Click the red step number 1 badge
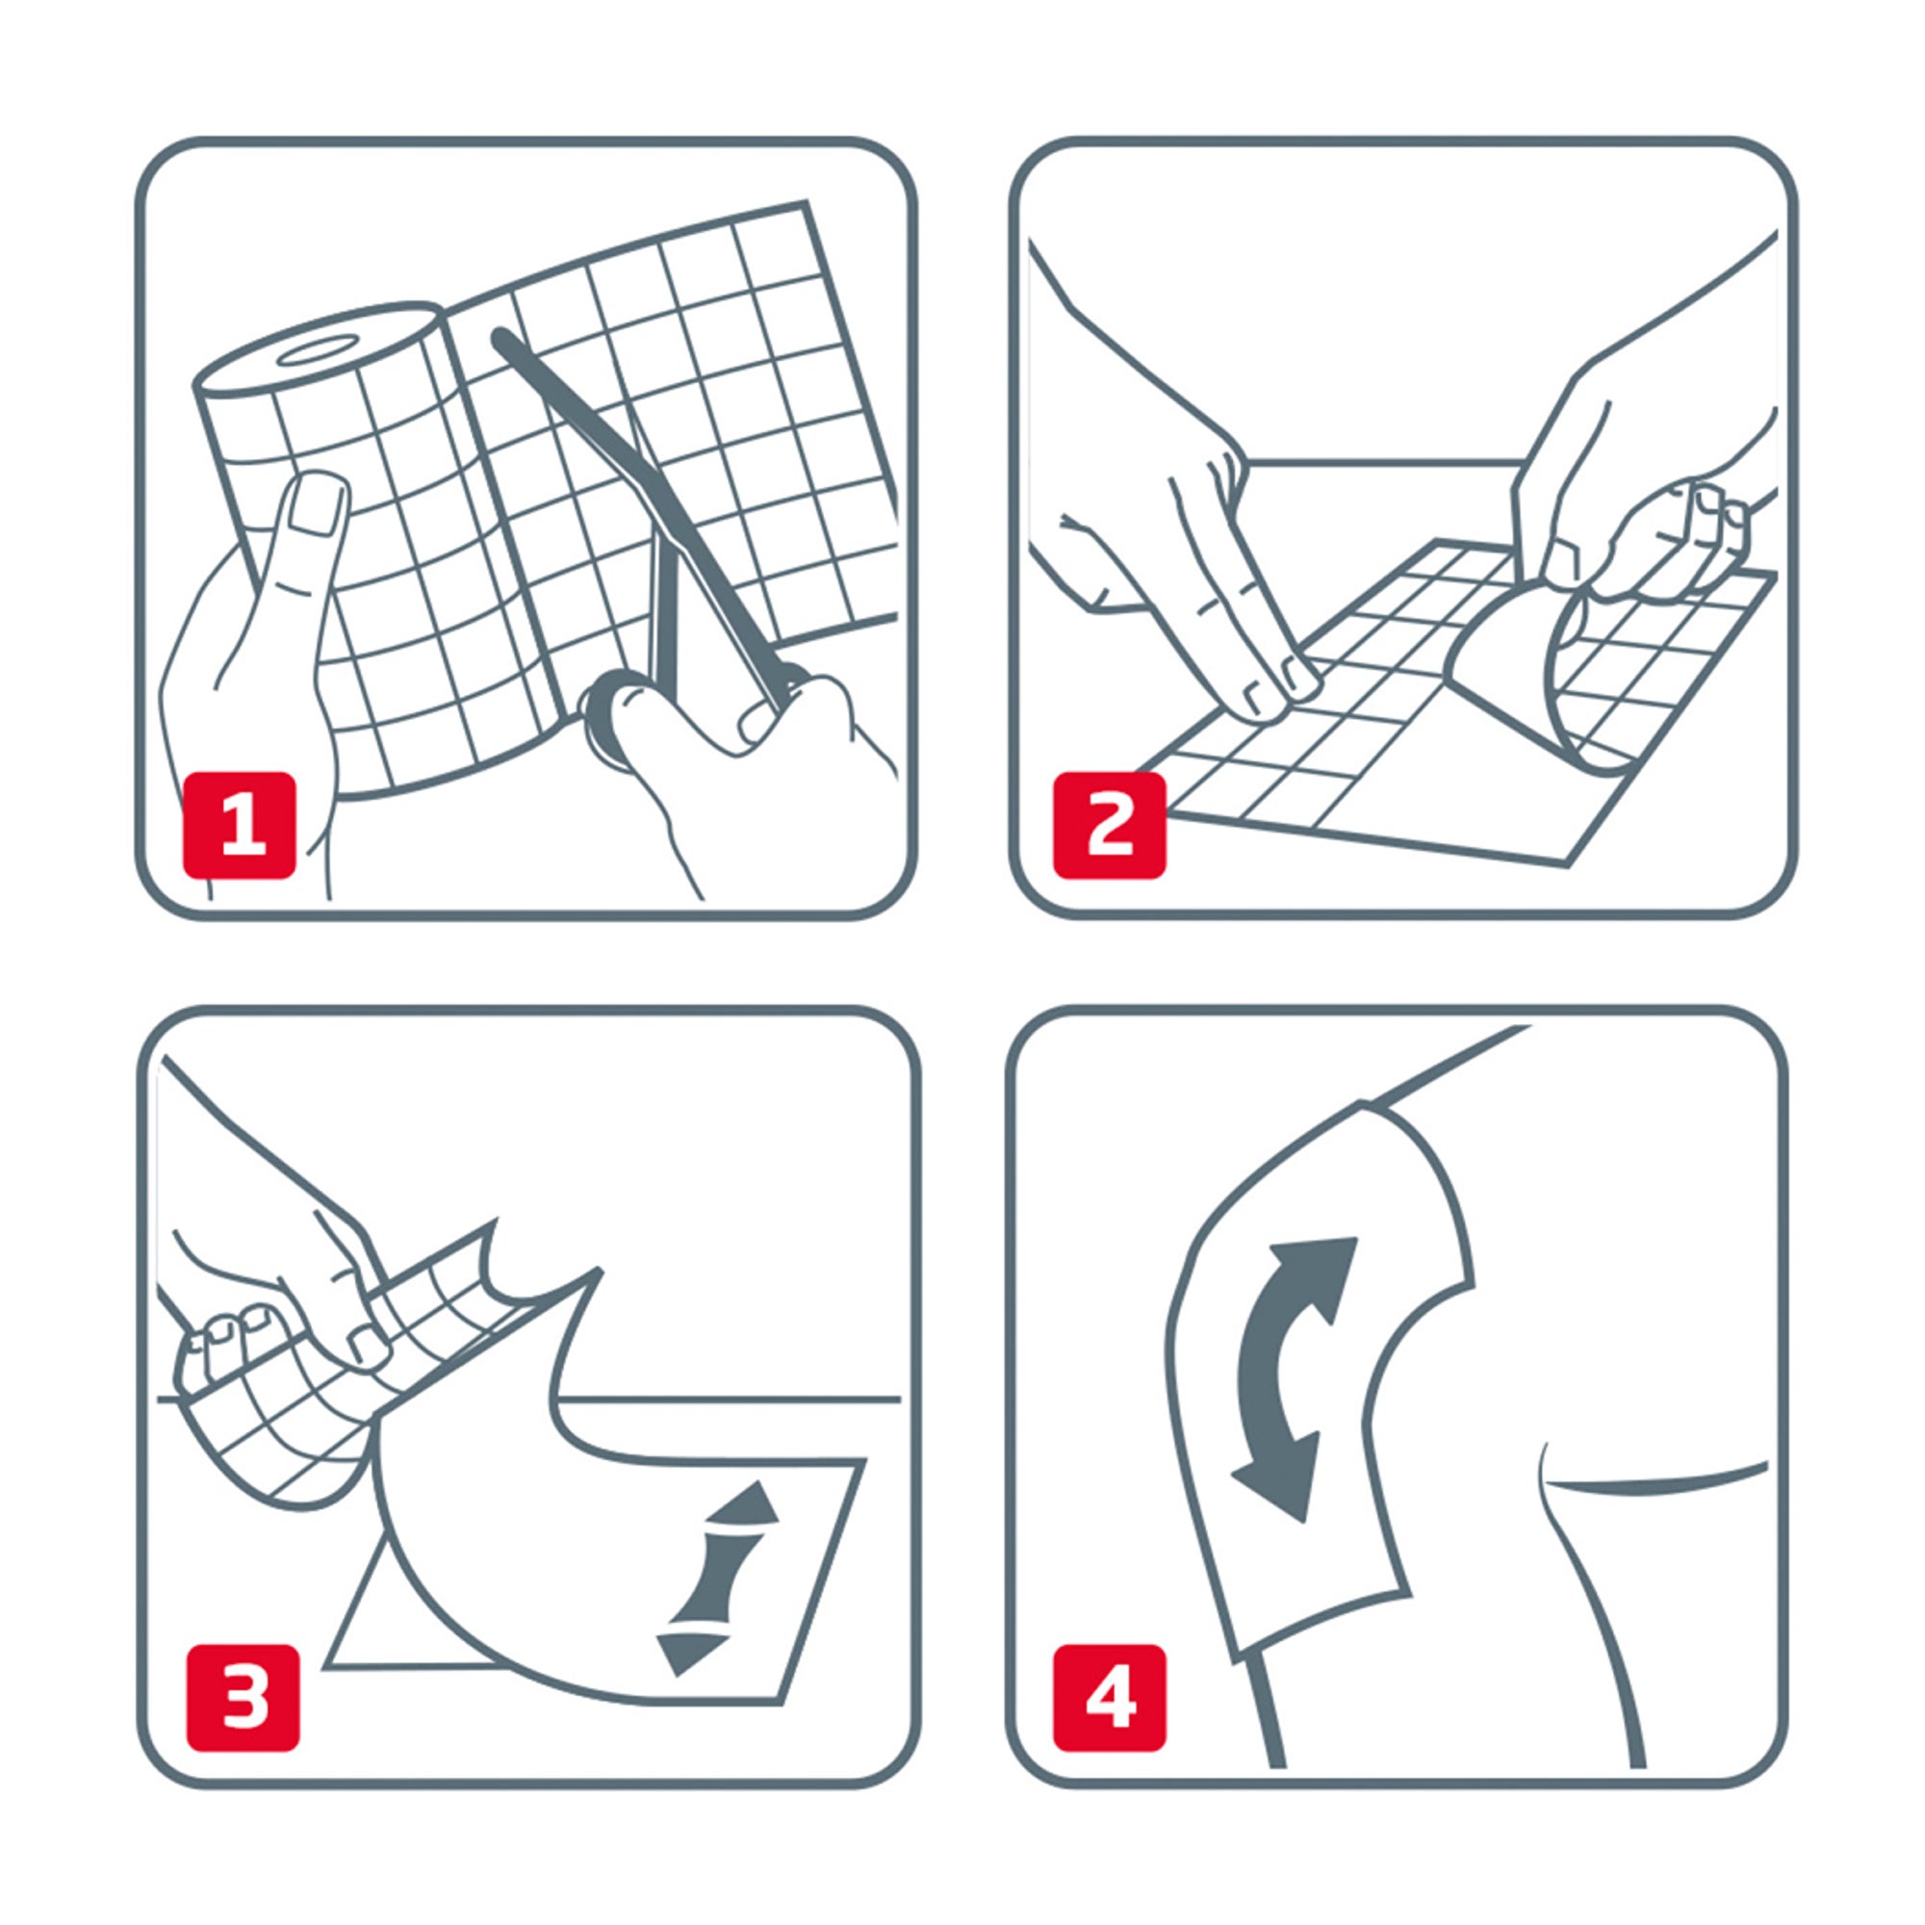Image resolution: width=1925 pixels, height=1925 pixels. click(x=239, y=825)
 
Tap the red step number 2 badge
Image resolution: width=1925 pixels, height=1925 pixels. click(x=1110, y=825)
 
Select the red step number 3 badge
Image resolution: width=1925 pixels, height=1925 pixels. click(x=244, y=1698)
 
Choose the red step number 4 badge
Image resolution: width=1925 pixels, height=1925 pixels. click(x=1110, y=1698)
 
